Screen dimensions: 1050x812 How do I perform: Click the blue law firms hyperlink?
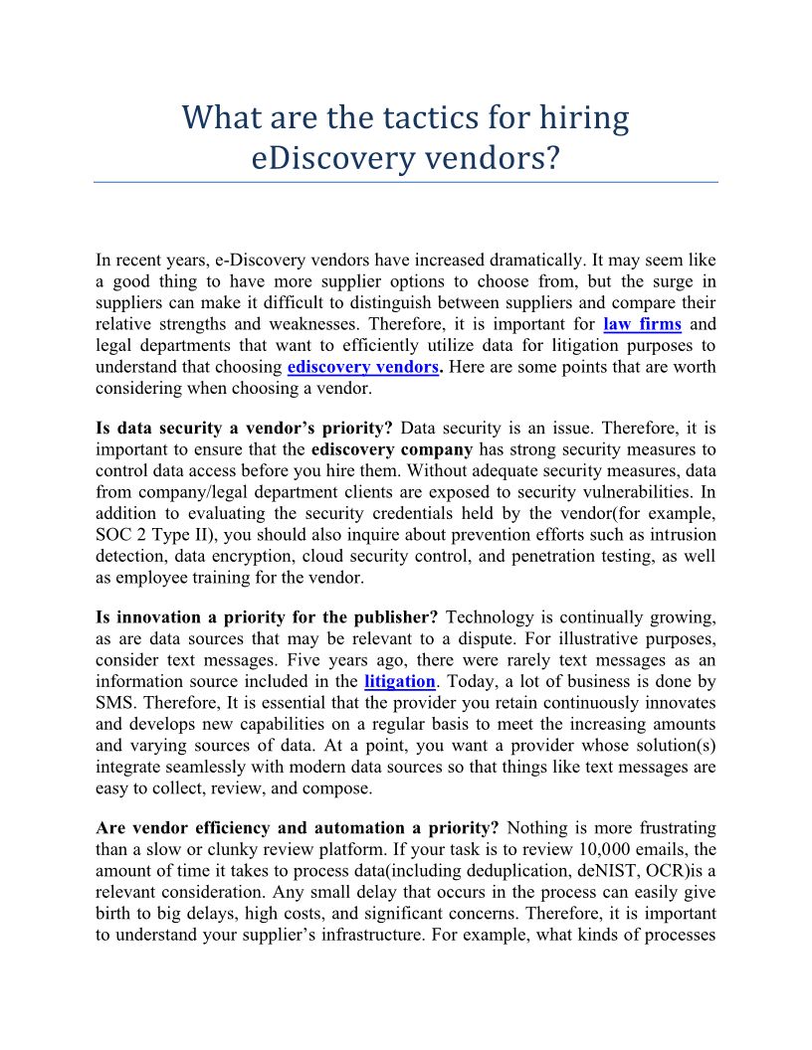coord(642,324)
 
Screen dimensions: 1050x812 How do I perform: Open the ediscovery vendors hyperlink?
coord(363,367)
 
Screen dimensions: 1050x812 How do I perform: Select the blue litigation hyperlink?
coord(400,681)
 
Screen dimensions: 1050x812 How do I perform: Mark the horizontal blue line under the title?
coord(406,183)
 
